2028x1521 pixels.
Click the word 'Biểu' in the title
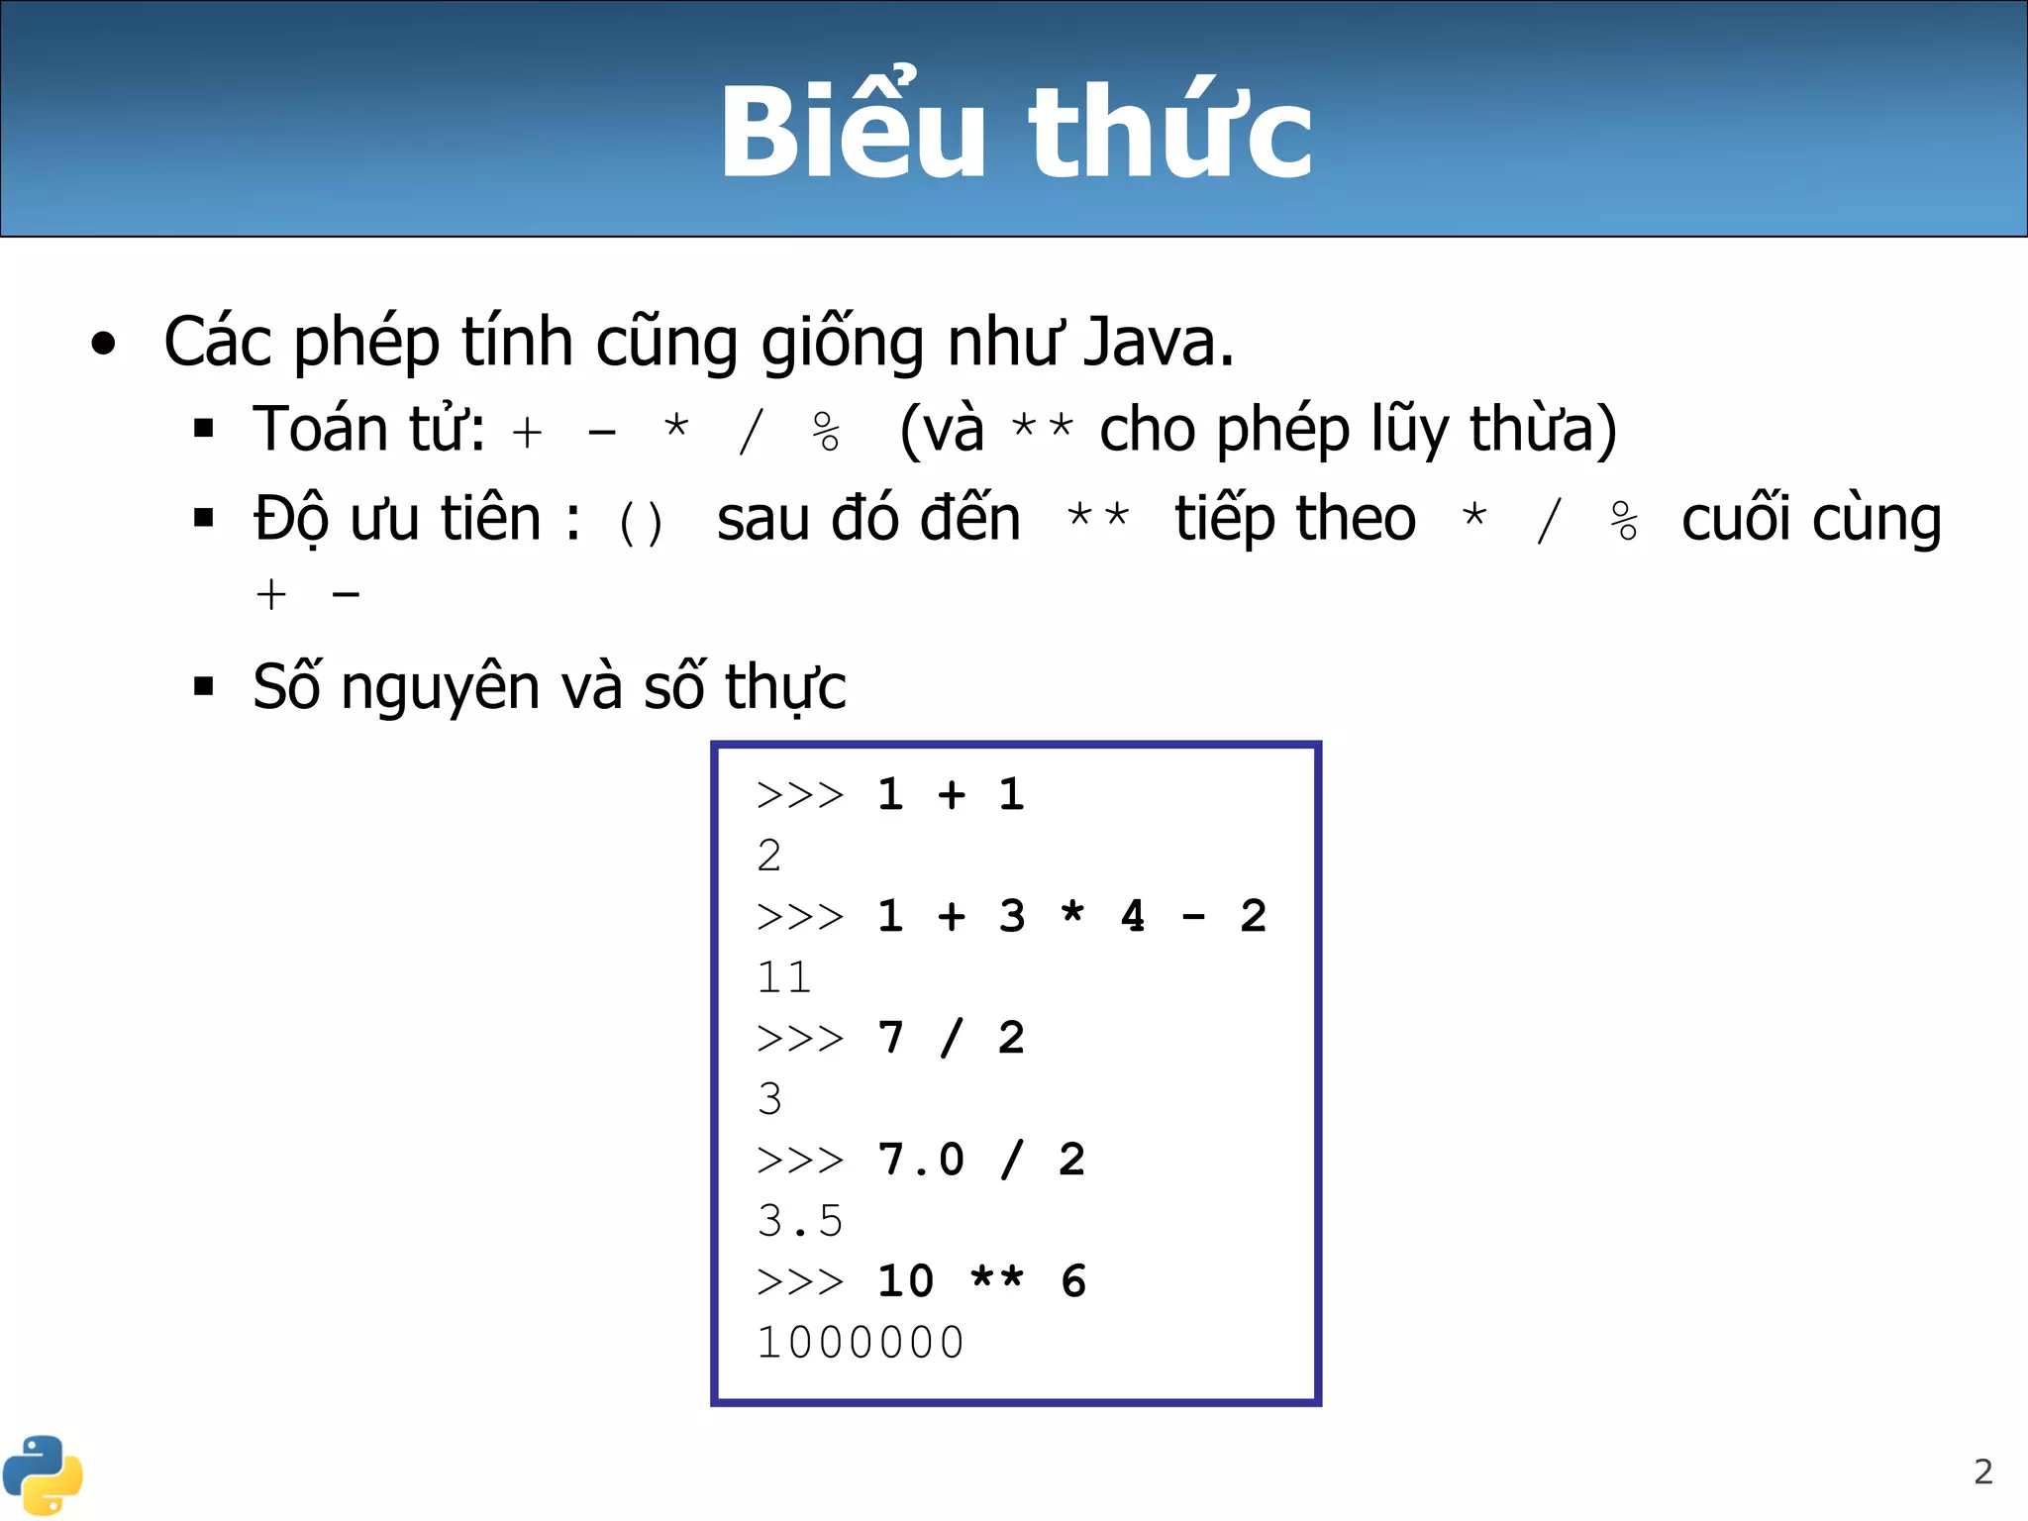[852, 131]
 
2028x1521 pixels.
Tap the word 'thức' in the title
[1170, 131]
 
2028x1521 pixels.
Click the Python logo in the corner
[43, 1474]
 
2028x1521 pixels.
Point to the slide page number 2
[1982, 1471]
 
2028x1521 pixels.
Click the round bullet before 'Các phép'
[103, 345]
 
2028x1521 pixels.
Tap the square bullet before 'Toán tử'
[204, 429]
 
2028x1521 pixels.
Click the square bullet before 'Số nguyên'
[204, 686]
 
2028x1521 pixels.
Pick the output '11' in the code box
[784, 978]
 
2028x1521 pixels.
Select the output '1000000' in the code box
[861, 1344]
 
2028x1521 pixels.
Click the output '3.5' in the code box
[800, 1222]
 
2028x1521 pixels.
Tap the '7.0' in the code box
[921, 1160]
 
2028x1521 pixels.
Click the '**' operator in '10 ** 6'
[997, 1277]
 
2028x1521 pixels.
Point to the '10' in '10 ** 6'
[906, 1281]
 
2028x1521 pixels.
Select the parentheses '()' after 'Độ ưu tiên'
[641, 523]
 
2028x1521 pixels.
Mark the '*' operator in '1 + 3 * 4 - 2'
[1072, 913]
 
